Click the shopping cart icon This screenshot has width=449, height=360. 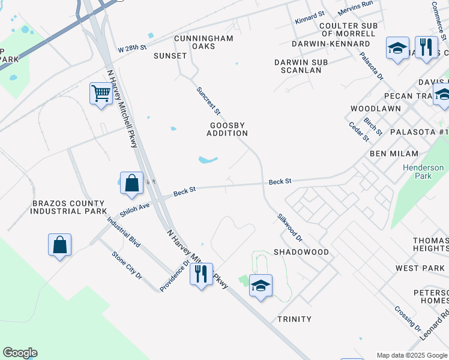101,94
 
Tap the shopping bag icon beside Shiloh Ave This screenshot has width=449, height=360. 131,183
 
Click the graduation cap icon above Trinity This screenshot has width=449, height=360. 261,286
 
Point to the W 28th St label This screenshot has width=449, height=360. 133,48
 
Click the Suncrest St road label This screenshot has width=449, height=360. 209,101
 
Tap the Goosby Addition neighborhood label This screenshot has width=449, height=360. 228,129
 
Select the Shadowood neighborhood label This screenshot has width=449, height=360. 301,252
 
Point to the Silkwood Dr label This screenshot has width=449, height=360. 290,227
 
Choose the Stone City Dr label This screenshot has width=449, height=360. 127,265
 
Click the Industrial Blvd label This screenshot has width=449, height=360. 124,232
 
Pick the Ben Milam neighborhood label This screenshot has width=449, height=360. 394,154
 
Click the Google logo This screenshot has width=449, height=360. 20,353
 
